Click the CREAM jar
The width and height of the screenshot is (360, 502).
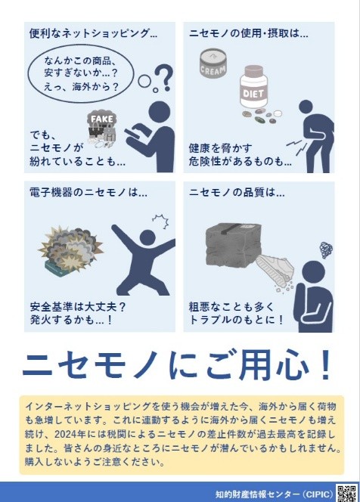point(213,63)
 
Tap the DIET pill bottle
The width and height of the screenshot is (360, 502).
point(253,87)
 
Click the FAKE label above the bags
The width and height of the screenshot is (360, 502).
point(102,119)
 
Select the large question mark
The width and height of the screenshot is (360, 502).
point(166,77)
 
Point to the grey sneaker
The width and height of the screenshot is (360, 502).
point(275,269)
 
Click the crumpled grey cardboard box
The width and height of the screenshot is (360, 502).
point(234,244)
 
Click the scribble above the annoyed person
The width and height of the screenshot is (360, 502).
point(326,249)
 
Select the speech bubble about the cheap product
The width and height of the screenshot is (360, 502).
point(81,73)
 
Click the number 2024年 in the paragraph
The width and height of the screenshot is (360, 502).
point(70,434)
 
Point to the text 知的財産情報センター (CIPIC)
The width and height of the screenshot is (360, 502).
point(275,494)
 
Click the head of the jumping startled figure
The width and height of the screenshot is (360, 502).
point(147,238)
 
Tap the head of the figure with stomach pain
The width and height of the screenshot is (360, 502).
point(306,107)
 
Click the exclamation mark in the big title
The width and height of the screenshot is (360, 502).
point(326,365)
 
